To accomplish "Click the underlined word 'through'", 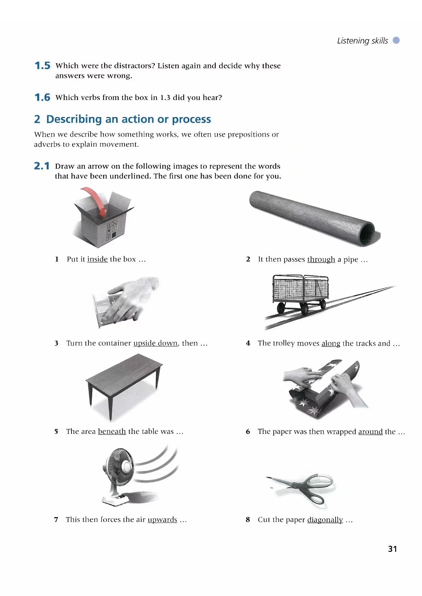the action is [321, 259].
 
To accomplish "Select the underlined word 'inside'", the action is [97, 259].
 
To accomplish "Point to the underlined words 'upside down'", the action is [156, 343].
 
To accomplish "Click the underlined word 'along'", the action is [331, 343].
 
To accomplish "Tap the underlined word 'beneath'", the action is [112, 431].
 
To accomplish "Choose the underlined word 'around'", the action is [371, 432].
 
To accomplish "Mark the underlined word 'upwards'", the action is [162, 520].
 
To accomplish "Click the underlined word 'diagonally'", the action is [325, 520].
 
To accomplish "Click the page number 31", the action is [392, 549].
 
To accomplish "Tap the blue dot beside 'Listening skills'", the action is [396, 40].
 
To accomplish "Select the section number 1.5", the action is [43, 66].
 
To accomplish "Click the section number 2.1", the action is [42, 166].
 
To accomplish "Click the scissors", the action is [301, 487].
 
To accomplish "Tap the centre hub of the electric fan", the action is [126, 466].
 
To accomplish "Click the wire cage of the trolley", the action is [301, 287].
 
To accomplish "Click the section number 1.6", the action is [43, 98].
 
